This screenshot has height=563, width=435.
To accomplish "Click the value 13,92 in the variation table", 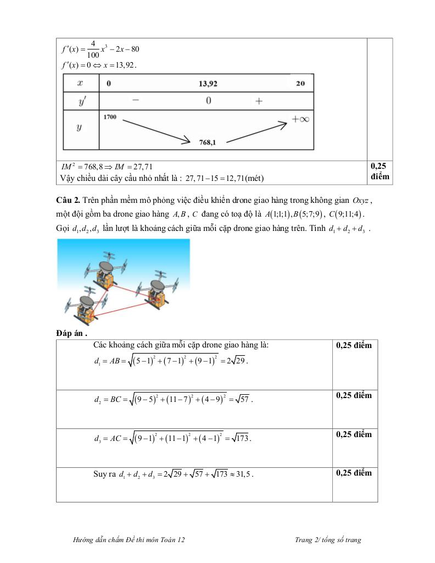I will pyautogui.click(x=209, y=84).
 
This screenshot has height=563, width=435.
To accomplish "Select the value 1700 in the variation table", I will pyautogui.click(x=110, y=117).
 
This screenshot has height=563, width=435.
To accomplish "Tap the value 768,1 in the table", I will pyautogui.click(x=207, y=142).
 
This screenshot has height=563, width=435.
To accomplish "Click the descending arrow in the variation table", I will pyautogui.click(x=154, y=130).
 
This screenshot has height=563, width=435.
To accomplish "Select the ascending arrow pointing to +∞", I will pyautogui.click(x=256, y=131).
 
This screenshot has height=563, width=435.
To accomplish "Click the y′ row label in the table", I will pyautogui.click(x=80, y=101).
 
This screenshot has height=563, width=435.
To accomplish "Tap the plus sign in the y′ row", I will pyautogui.click(x=259, y=101).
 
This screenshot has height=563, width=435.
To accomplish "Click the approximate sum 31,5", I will pyautogui.click(x=243, y=474).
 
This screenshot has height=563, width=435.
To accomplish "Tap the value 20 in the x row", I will pyautogui.click(x=300, y=84).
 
